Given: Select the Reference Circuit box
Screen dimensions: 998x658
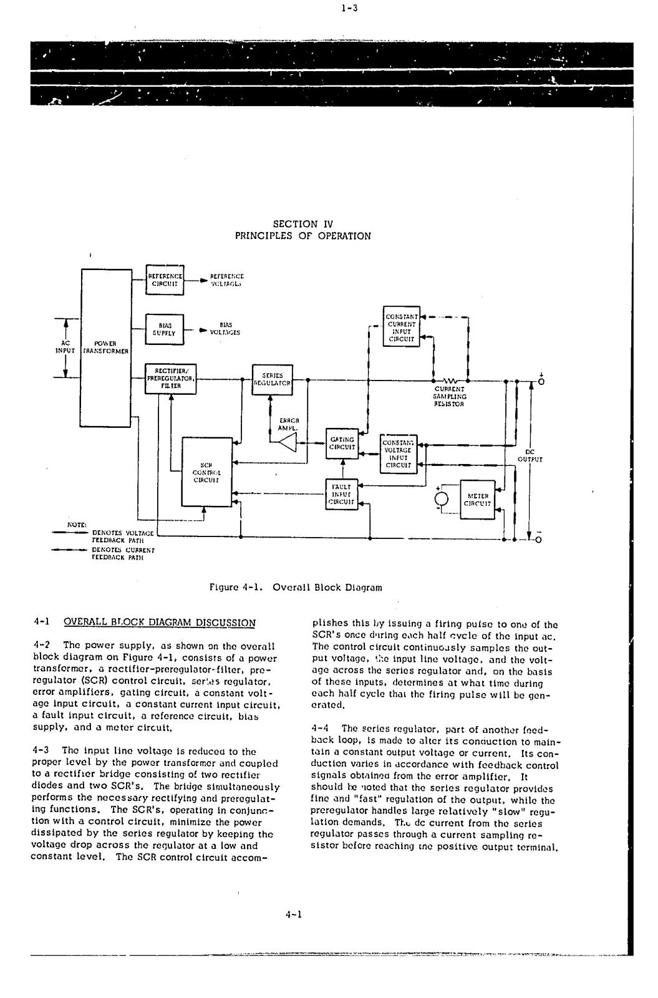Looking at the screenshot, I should (x=165, y=279).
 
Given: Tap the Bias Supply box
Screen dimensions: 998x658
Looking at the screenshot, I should (x=165, y=329).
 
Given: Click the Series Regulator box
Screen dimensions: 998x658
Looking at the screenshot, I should (x=272, y=379).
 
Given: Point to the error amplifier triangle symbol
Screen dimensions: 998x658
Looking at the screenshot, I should (x=288, y=442).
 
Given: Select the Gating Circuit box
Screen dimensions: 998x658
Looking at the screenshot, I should (x=342, y=443).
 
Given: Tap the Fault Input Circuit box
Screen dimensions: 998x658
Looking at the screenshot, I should (x=342, y=493).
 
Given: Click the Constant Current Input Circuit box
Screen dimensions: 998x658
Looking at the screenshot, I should (x=401, y=328).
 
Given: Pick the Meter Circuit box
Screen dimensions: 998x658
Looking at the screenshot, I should (x=478, y=500).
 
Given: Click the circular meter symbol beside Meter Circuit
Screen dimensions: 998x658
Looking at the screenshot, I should (x=442, y=498).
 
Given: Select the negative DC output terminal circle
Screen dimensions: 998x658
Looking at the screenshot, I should (x=541, y=540).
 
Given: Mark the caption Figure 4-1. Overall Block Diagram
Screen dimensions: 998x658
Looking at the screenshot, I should (x=296, y=587).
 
